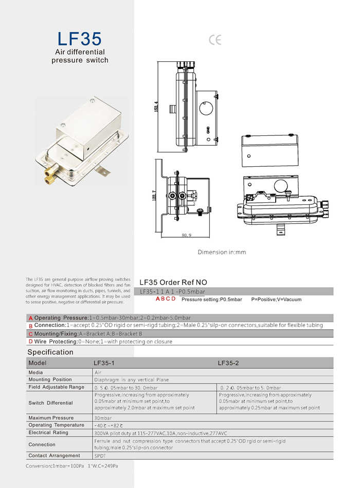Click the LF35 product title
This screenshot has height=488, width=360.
pyautogui.click(x=80, y=39)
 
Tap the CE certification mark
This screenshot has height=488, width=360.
pyautogui.click(x=215, y=40)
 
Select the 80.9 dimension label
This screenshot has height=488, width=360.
pyautogui.click(x=187, y=236)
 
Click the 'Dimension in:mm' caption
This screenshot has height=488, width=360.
pyautogui.click(x=222, y=252)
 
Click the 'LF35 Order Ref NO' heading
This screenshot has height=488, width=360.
pyautogui.click(x=173, y=282)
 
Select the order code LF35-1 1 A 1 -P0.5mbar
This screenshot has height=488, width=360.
pyautogui.click(x=172, y=292)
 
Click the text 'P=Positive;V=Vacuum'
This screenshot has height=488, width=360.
pyautogui.click(x=276, y=299)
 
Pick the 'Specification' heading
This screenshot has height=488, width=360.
pyautogui.click(x=50, y=352)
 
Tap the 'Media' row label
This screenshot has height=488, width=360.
pyautogui.click(x=36, y=372)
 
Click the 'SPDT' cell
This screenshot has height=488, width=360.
pyautogui.click(x=100, y=456)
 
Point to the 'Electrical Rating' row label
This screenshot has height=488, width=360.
pyautogui.click(x=48, y=433)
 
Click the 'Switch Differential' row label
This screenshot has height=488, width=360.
pyautogui.click(x=50, y=403)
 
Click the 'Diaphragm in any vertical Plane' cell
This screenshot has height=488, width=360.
pyautogui.click(x=131, y=379)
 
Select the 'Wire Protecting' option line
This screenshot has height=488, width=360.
pyautogui.click(x=103, y=341)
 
